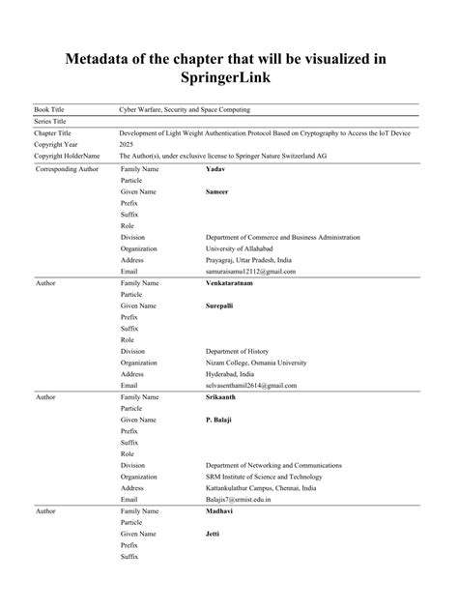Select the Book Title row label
pos(51,111)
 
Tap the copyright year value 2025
pos(127,143)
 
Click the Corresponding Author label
pos(68,169)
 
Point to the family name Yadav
pos(215,169)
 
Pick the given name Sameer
pos(218,192)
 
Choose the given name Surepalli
pos(221,306)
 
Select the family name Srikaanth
pos(221,396)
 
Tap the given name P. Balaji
pos(219,420)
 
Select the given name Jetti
pos(213,534)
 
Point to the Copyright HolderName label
pos(67,155)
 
